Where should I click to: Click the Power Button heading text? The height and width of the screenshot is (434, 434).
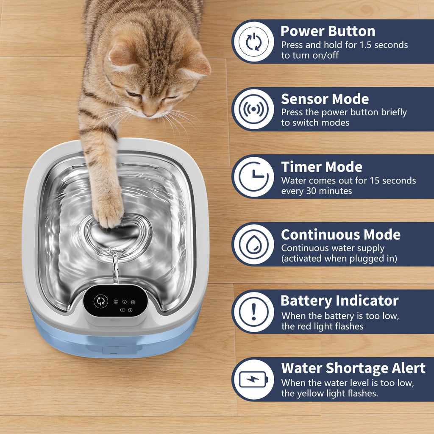pyautogui.click(x=328, y=31)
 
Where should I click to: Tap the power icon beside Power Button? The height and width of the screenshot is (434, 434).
pyautogui.click(x=253, y=42)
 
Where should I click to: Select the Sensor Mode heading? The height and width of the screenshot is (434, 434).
pyautogui.click(x=325, y=99)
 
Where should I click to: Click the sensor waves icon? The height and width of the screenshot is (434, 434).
pyautogui.click(x=253, y=109)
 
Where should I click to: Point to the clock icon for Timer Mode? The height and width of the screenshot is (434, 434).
pyautogui.click(x=253, y=177)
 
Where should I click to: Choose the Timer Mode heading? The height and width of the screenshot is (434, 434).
pyautogui.click(x=322, y=167)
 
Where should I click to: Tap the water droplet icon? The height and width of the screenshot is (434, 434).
pyautogui.click(x=253, y=245)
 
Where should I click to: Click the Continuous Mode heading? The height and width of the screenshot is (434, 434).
pyautogui.click(x=341, y=234)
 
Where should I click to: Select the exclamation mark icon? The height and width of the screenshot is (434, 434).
pyautogui.click(x=253, y=312)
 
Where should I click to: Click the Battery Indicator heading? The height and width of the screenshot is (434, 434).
pyautogui.click(x=339, y=301)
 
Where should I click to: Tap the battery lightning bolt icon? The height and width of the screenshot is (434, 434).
pyautogui.click(x=253, y=379)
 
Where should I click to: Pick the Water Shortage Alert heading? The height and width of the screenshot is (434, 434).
pyautogui.click(x=353, y=368)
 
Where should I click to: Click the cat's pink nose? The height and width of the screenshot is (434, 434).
pyautogui.click(x=149, y=114)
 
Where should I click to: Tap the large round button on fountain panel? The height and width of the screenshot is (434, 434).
pyautogui.click(x=100, y=301)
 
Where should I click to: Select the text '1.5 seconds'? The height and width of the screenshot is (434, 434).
pyautogui.click(x=384, y=45)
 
